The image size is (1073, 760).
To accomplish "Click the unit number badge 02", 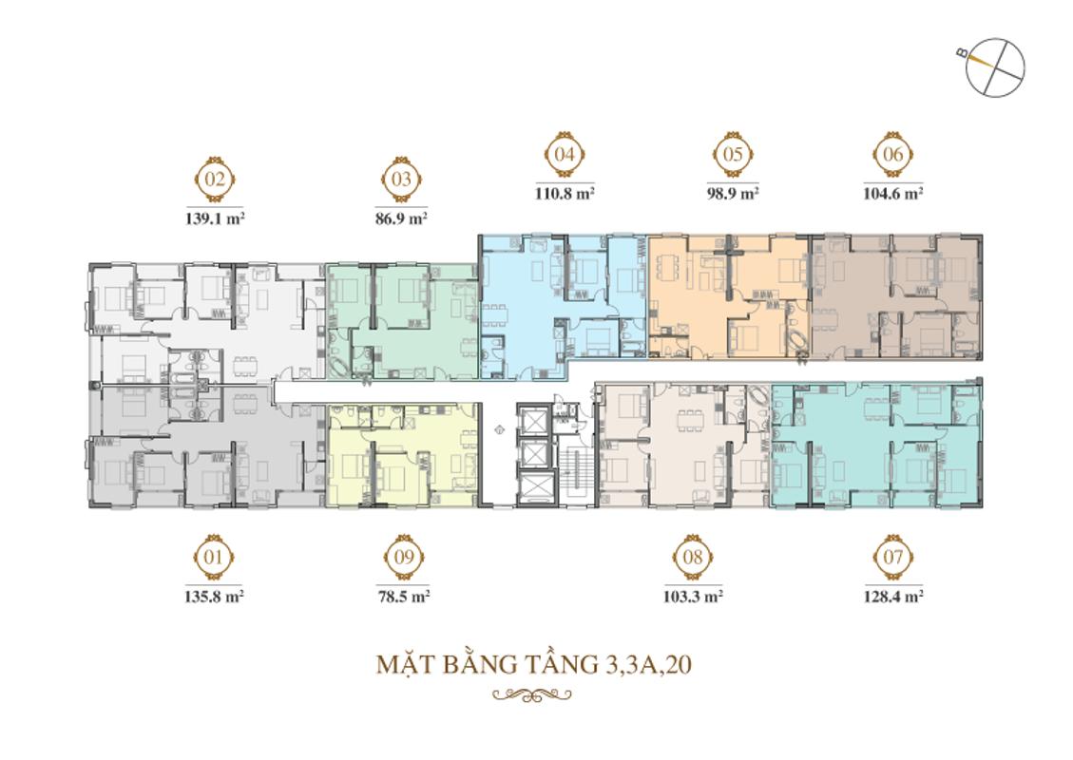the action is pos(215,180).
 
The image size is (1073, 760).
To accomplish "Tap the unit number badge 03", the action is pos(401,180).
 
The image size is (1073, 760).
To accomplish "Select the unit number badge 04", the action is pos(564,155).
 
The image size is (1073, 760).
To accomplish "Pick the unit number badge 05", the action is pos(732,155).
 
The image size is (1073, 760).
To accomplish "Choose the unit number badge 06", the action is pos(893,155).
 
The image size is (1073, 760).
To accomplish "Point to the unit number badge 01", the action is pos(214,557).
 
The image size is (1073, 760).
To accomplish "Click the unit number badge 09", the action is pos(404,557).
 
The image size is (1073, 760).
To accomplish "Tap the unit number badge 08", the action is pos(693,557).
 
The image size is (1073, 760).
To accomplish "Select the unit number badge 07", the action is pos(893,557).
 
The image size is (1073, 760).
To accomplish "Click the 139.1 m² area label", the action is pos(215,218).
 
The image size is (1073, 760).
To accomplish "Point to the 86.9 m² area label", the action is pos(401,218).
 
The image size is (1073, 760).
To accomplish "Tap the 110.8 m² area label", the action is pos(565,194).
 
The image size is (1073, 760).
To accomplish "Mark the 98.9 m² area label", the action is pos(733,194).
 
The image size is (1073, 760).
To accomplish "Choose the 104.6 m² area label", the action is pos(893,194).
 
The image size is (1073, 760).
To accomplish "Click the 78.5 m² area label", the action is pos(404,596).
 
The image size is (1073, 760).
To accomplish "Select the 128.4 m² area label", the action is pos(893,596).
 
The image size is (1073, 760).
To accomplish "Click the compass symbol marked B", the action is pos(995,67).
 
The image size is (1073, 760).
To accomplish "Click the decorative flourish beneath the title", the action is pos(531,695).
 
